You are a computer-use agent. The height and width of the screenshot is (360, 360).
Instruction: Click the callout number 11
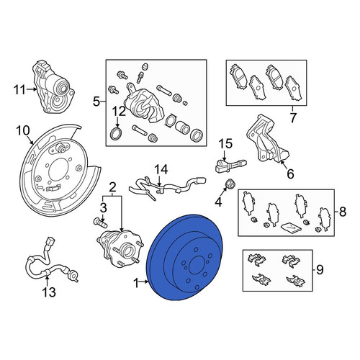19,90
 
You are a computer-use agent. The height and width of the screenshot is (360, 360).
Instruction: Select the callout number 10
23,131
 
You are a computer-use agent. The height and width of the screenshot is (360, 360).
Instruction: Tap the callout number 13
49,292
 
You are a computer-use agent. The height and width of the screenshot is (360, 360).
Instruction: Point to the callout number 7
292,118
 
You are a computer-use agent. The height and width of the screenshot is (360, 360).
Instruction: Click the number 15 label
225,144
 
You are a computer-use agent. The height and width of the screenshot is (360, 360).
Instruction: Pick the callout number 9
320,269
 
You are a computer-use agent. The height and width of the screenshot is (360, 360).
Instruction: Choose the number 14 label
161,169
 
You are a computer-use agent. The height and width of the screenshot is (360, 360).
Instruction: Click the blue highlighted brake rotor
185,258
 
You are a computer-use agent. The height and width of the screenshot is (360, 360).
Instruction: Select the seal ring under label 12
117,134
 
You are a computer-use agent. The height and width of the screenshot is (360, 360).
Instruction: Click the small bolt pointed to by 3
100,222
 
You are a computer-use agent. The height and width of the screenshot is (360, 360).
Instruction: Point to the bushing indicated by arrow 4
231,184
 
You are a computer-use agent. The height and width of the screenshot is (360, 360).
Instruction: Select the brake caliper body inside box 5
143,104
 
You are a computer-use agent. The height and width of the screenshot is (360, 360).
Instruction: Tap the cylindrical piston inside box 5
183,127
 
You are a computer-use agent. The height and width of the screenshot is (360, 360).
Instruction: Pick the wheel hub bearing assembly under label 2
120,248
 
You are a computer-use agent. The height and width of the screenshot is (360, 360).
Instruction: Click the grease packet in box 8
291,228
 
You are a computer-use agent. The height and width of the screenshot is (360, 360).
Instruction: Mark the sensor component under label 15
230,166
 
